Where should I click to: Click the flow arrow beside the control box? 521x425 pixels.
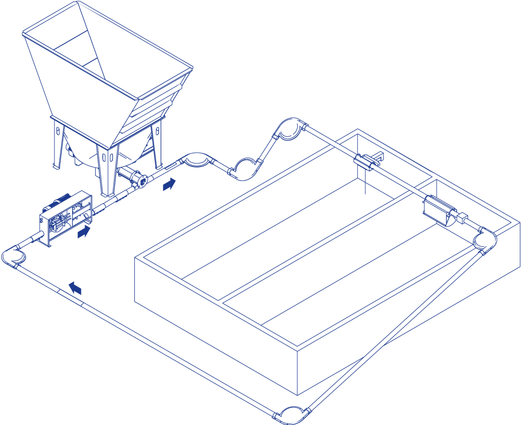83,232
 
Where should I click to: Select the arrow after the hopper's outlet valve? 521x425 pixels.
169,184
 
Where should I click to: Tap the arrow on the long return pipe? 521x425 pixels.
75,288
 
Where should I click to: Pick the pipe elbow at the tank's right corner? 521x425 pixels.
484,239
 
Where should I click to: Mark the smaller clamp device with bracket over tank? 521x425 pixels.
367,162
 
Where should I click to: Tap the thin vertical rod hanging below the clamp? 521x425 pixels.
365,183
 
